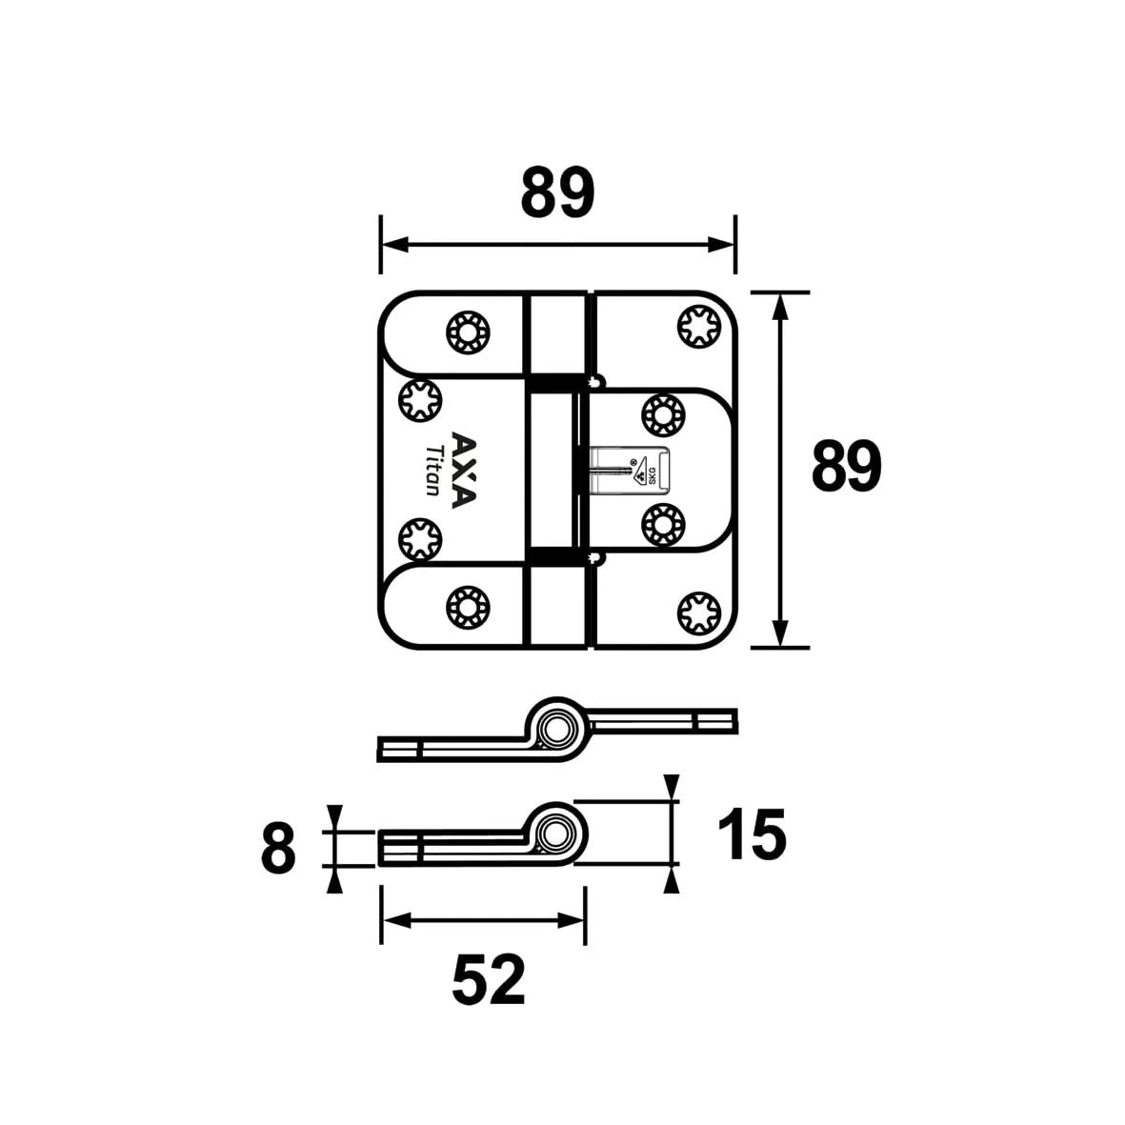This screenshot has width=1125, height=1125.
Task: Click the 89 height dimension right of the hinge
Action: click(x=846, y=467)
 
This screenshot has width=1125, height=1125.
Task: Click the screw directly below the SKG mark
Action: click(x=663, y=522)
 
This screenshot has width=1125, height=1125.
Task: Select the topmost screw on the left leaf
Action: click(x=468, y=331)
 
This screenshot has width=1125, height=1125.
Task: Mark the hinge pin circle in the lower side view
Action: click(x=552, y=835)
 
